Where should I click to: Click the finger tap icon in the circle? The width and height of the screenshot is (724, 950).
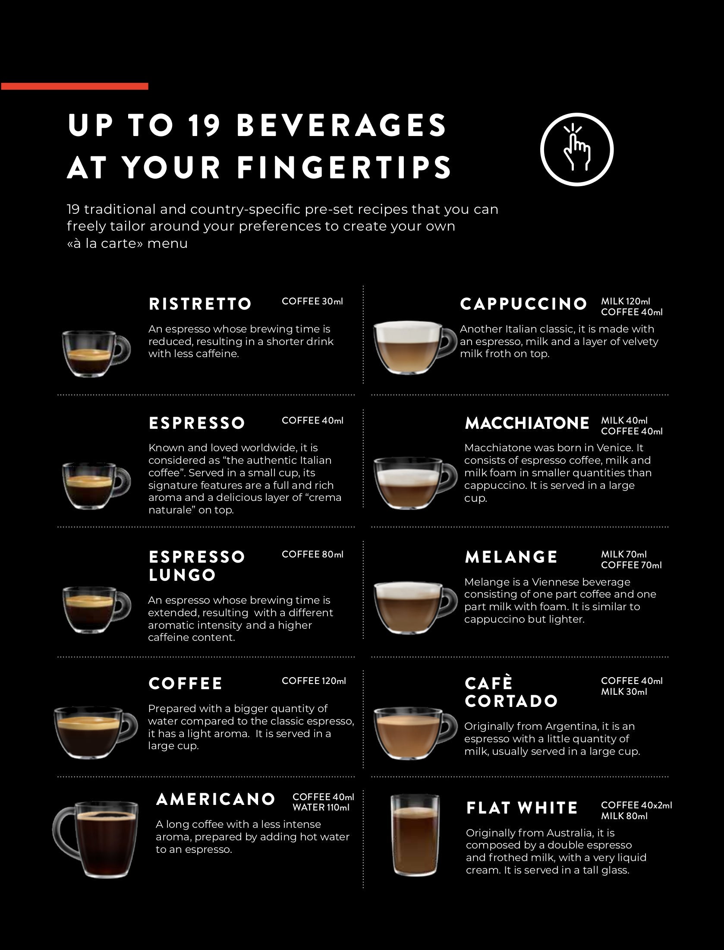tap(576, 149)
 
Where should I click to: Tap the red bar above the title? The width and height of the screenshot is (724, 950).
tap(75, 86)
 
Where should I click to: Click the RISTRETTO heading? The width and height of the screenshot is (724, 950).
tap(200, 304)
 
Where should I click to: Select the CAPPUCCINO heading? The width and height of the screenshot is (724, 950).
tap(523, 304)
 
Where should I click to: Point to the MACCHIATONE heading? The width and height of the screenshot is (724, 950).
tap(527, 423)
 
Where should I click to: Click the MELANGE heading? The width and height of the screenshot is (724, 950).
tap(511, 557)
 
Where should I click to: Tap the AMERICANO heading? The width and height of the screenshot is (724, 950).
tap(215, 799)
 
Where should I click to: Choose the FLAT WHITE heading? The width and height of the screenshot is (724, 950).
tap(522, 807)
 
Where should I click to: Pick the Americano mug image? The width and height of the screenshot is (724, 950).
tap(95, 839)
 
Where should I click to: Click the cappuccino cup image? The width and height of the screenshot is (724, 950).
tap(415, 347)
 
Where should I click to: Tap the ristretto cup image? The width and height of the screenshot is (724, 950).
tap(96, 354)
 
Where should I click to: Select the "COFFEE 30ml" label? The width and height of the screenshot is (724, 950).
tap(312, 301)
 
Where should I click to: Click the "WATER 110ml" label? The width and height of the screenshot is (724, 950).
tap(321, 807)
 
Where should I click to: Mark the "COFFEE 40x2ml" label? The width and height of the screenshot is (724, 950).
tap(636, 805)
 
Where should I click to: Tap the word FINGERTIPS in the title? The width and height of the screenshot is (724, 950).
tap(344, 168)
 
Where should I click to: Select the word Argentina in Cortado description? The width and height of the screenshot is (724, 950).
tap(570, 726)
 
